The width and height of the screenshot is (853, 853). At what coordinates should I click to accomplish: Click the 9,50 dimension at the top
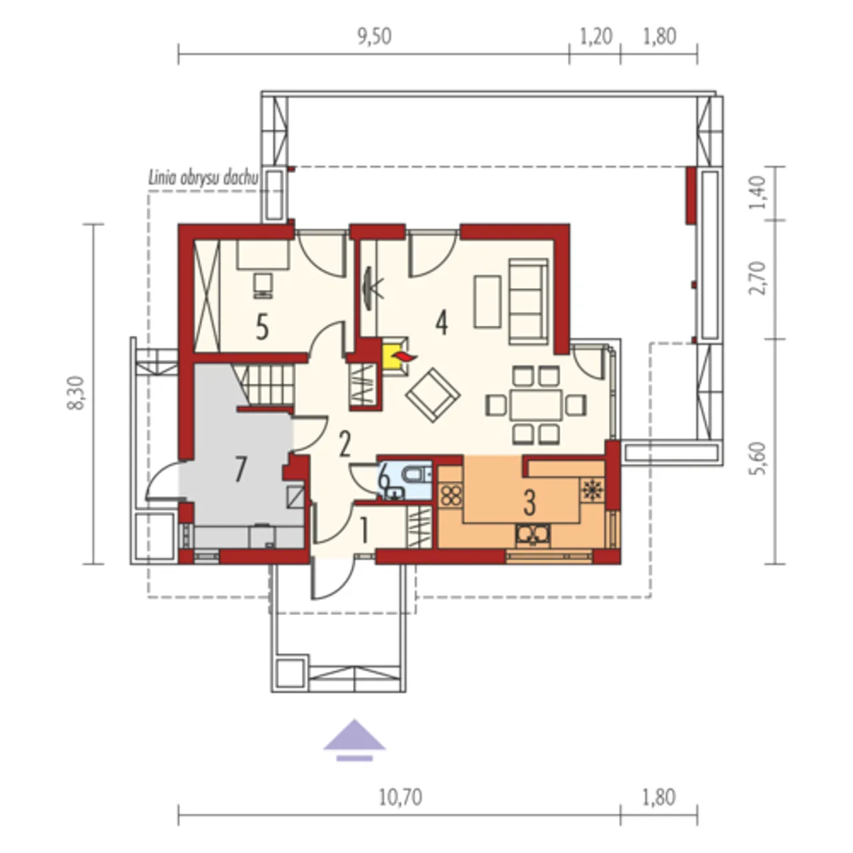(374, 37)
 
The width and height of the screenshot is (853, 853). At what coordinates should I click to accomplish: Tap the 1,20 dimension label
(595, 37)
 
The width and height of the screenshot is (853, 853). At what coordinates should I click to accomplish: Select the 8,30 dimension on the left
(76, 393)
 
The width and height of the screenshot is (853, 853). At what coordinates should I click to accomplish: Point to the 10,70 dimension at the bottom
(401, 797)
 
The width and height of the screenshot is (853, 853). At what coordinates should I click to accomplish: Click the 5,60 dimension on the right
(758, 458)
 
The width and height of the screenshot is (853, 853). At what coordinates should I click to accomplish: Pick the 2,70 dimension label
(758, 277)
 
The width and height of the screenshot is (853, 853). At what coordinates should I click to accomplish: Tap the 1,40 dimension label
(758, 193)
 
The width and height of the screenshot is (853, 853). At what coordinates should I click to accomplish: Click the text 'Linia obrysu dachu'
(203, 178)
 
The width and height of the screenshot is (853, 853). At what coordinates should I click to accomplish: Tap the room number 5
(262, 328)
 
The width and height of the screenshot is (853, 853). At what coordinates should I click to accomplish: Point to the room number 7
(239, 469)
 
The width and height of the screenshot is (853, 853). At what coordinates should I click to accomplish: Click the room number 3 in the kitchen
(529, 503)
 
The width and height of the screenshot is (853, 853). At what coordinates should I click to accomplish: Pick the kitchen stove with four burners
(451, 495)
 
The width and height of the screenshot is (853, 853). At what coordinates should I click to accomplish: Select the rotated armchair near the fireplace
(433, 395)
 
